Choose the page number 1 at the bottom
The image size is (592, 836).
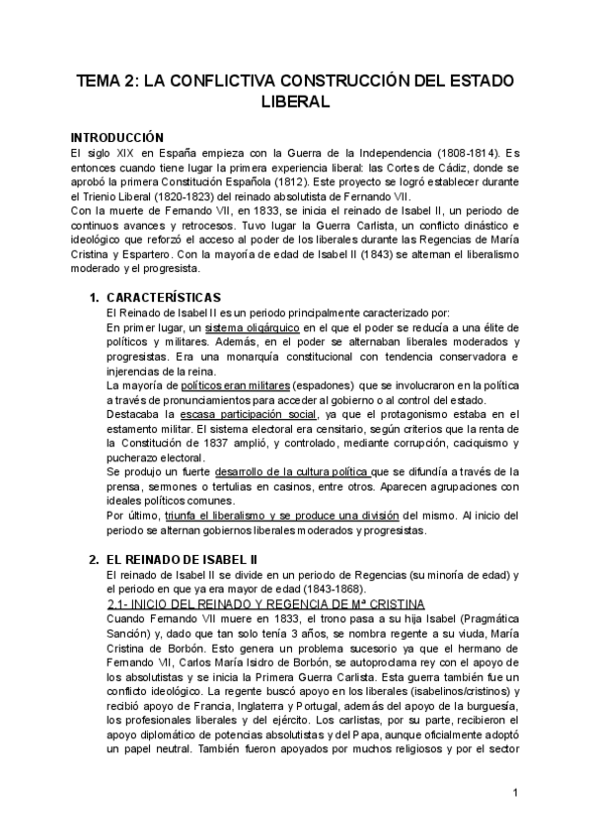coord(515,793)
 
